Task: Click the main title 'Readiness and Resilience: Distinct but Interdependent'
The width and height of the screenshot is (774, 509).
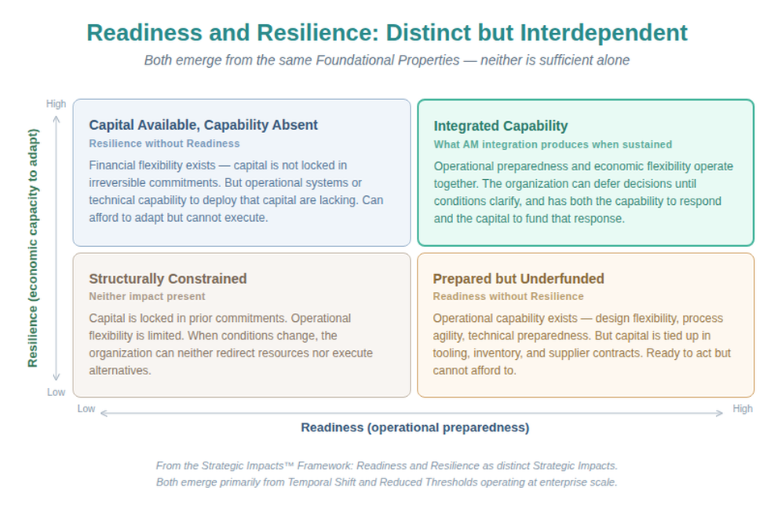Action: (x=387, y=33)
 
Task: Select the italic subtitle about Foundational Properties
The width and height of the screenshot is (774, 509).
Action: (x=387, y=60)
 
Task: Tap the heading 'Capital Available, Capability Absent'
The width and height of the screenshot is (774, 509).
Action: (x=203, y=125)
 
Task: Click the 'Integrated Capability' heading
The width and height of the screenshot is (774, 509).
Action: (x=501, y=126)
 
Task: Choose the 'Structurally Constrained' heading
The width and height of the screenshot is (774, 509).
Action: (x=168, y=278)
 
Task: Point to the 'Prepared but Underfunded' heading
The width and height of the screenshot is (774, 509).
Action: (x=518, y=278)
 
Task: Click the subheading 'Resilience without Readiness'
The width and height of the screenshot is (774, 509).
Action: (x=164, y=144)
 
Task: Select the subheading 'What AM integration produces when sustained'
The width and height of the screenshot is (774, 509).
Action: (x=553, y=144)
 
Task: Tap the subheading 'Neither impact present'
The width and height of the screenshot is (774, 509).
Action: (x=147, y=297)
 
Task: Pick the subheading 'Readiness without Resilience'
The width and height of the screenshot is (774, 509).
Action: (x=509, y=297)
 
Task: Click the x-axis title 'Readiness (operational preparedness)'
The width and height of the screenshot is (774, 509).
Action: (x=415, y=428)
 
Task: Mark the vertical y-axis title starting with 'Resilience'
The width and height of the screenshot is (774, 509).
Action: (x=32, y=248)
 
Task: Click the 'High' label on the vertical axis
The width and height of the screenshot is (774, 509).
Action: (x=56, y=104)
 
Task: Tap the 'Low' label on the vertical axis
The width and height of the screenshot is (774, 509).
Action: (x=56, y=393)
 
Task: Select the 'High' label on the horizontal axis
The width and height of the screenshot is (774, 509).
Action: (x=743, y=409)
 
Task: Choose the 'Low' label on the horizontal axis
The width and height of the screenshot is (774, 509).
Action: (x=86, y=409)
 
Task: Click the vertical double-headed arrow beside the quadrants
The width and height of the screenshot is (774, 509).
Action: (x=56, y=248)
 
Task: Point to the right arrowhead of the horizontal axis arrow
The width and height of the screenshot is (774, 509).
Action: (x=720, y=413)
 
